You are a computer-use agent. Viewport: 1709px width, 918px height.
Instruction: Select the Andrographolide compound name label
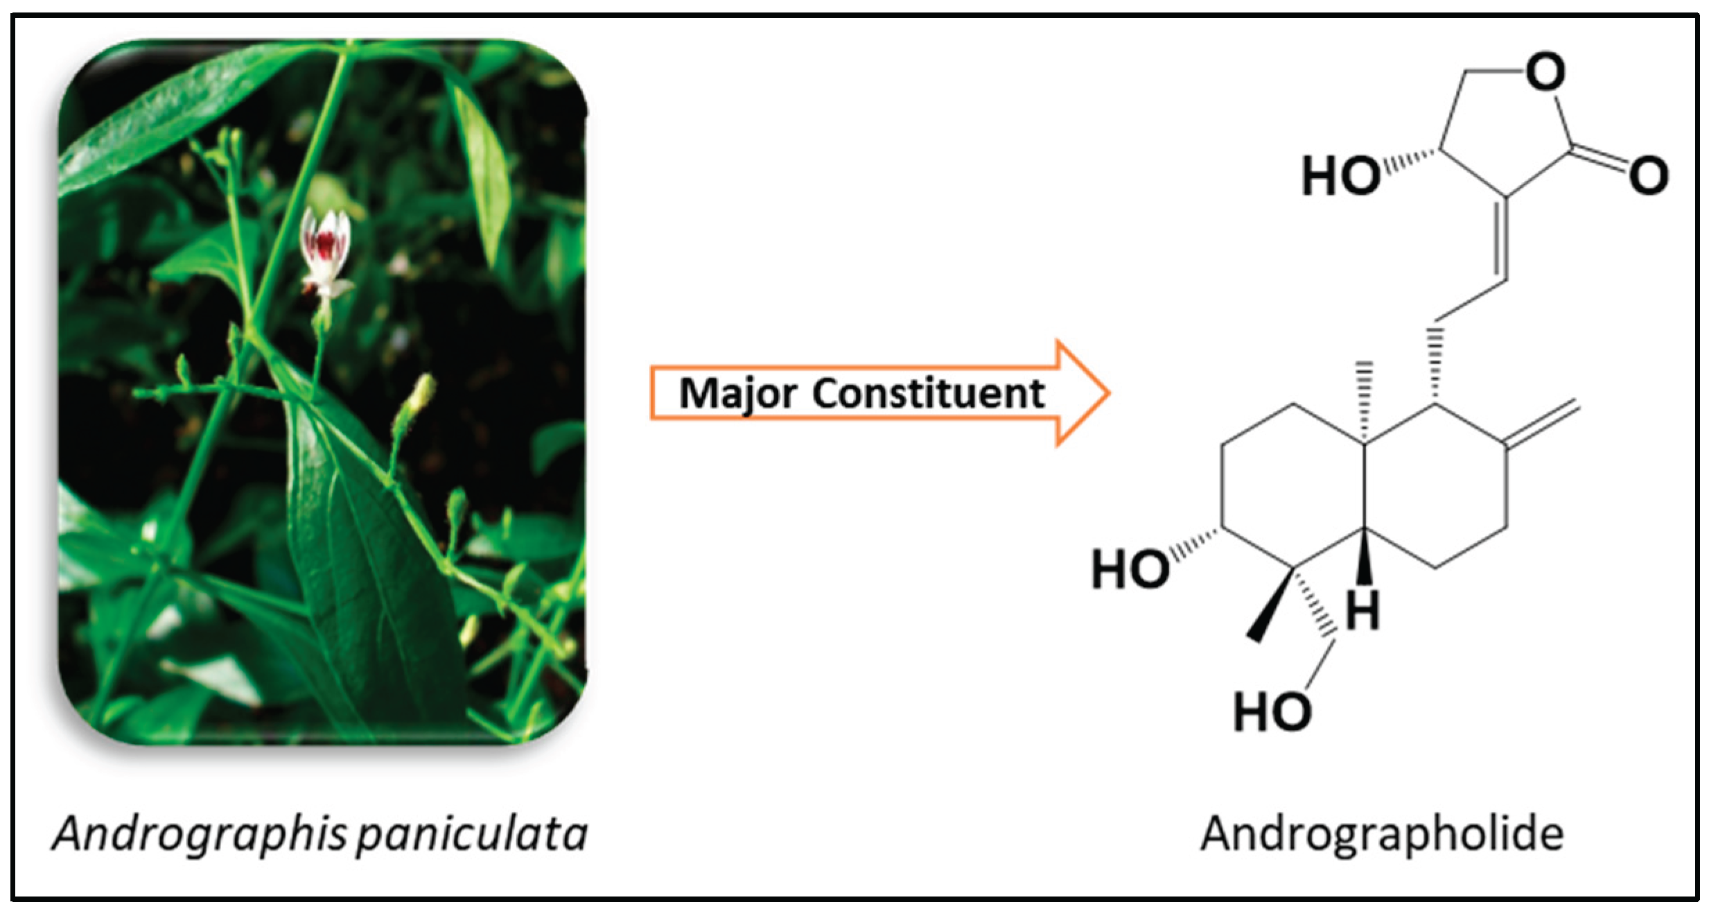point(1382,834)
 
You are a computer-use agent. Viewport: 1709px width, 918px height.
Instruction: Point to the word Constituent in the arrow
point(929,393)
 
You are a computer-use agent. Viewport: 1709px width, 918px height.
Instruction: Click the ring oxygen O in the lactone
point(1545,71)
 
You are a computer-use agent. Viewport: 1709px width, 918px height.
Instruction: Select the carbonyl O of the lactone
point(1649,175)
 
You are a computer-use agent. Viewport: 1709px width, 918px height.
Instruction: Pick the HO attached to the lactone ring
point(1340,175)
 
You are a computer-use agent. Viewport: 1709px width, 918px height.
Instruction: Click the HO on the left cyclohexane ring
point(1130,569)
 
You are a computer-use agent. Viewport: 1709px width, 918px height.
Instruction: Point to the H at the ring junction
point(1362,610)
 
